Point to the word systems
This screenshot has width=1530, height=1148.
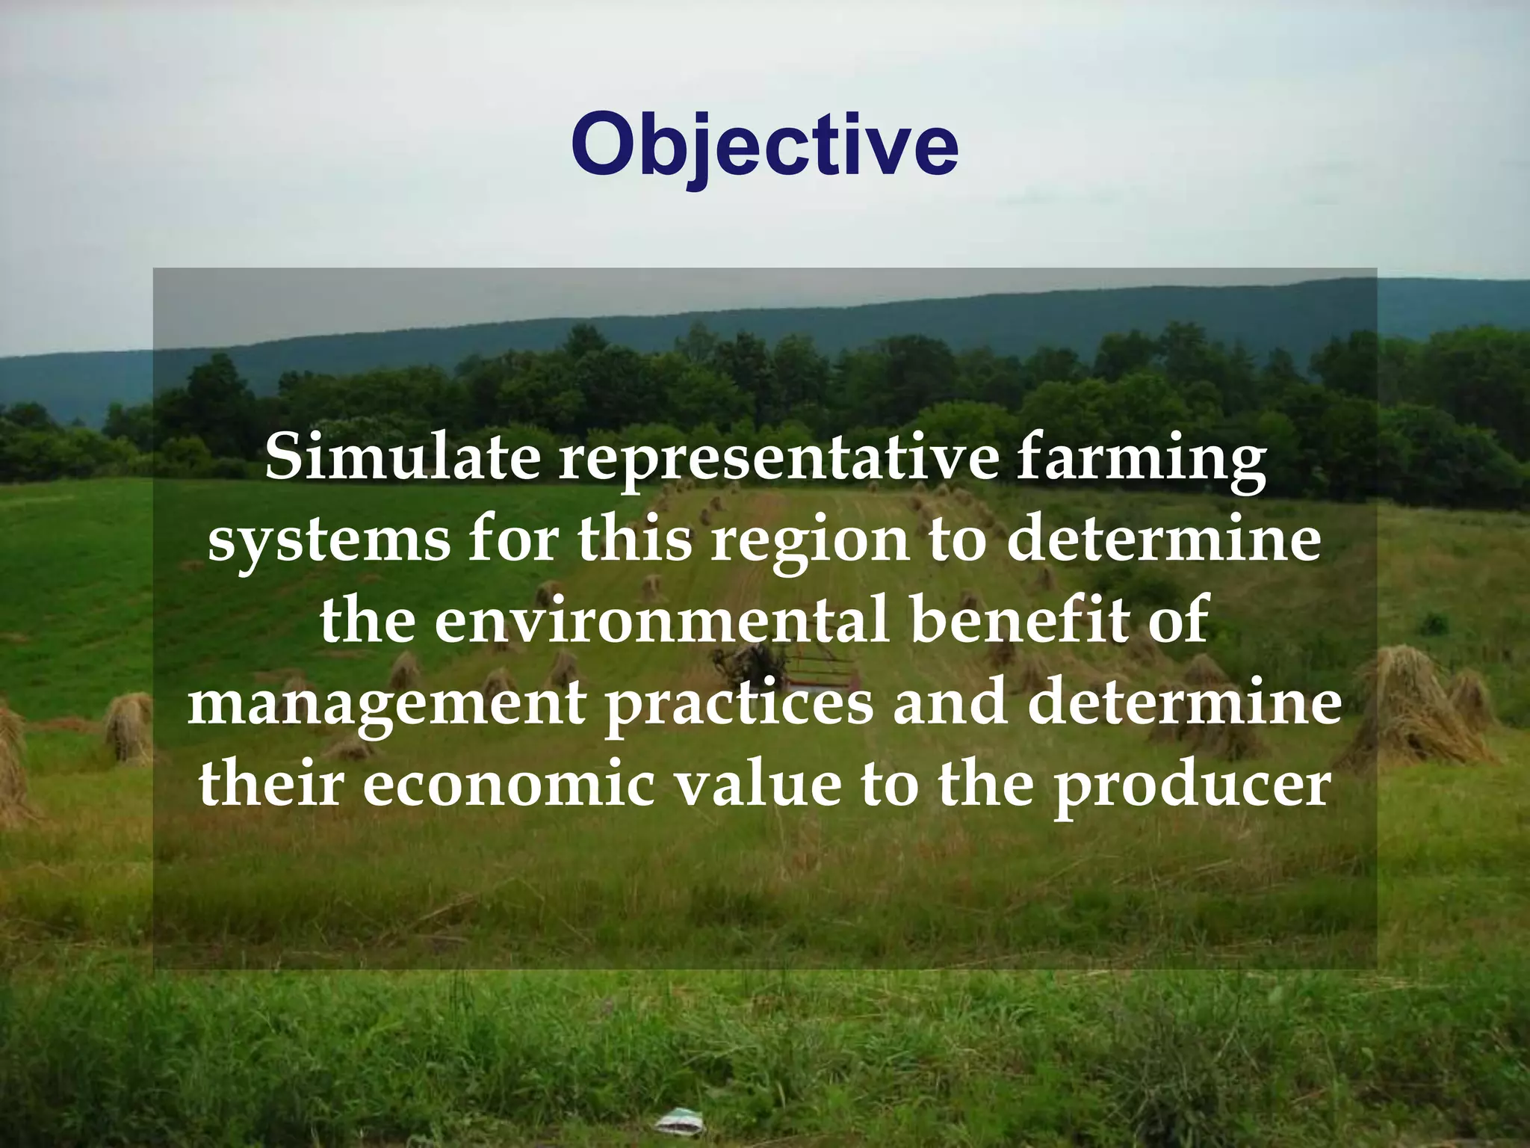coord(329,542)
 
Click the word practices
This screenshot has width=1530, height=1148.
coord(739,705)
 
